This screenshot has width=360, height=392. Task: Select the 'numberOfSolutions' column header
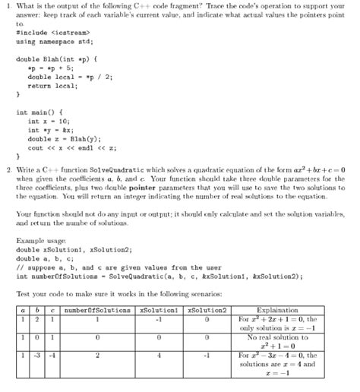(97, 310)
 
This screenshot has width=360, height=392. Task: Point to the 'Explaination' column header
(283, 310)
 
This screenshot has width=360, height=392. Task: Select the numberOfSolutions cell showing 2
(97, 355)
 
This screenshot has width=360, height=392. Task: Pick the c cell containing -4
(51, 355)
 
